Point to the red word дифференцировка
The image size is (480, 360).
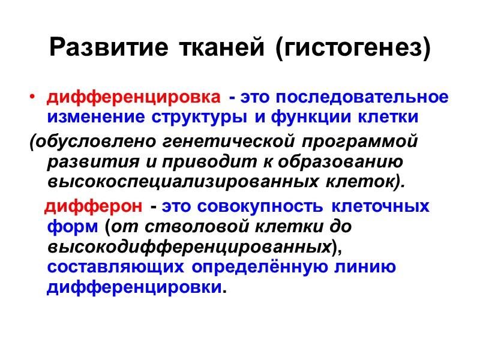point(133,97)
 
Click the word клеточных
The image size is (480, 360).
point(381,207)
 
